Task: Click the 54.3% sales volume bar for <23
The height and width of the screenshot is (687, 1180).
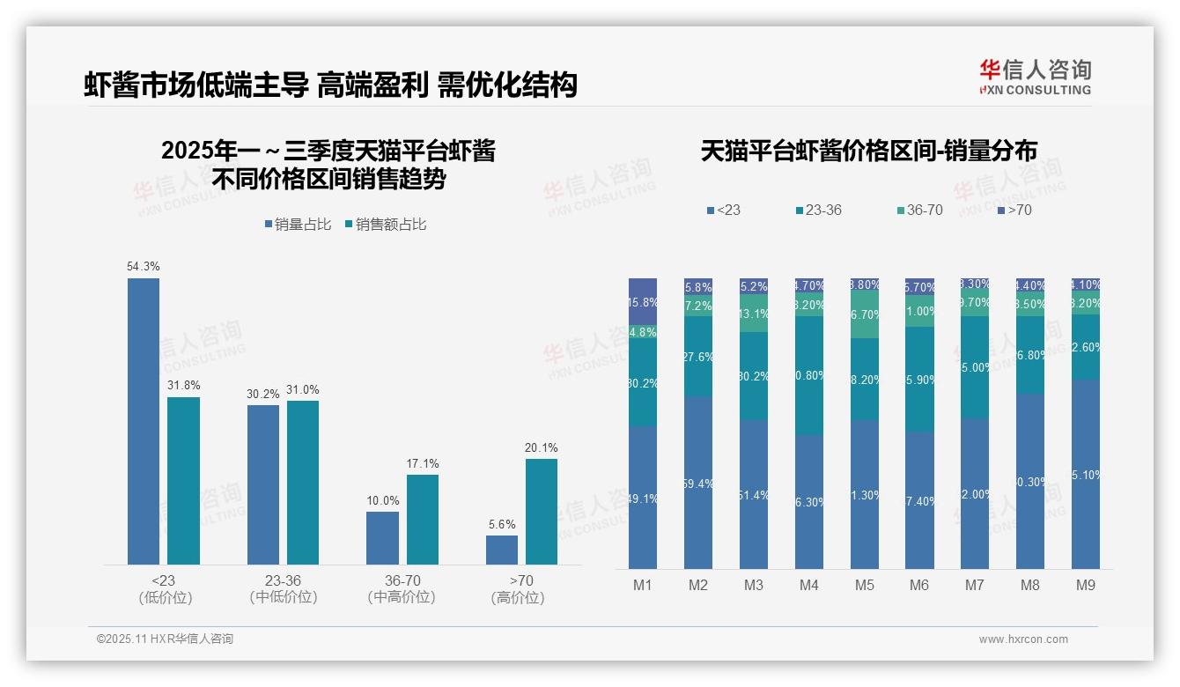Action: (x=144, y=421)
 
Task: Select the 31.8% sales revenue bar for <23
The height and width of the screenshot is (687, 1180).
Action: (x=183, y=480)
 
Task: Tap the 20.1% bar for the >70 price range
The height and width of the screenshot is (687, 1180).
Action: (x=541, y=511)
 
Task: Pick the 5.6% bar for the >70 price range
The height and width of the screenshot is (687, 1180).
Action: (x=501, y=550)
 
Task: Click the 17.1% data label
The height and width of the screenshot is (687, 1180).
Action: (x=423, y=463)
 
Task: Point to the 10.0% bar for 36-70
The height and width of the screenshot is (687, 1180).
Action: (x=382, y=537)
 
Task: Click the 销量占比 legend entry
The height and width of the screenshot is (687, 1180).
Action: (x=298, y=225)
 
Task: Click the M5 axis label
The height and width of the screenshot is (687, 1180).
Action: (x=864, y=585)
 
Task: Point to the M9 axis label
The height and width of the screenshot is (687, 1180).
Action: (x=1085, y=585)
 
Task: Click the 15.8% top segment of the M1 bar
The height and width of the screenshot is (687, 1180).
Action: (x=643, y=301)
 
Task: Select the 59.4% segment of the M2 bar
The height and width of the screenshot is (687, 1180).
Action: (x=698, y=483)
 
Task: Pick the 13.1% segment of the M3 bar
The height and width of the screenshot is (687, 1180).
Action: (x=753, y=313)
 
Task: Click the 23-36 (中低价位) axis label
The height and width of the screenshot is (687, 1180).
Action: (x=283, y=588)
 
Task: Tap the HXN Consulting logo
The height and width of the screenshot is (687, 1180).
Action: (x=1035, y=78)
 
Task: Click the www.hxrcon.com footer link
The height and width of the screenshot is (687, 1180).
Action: (x=1023, y=639)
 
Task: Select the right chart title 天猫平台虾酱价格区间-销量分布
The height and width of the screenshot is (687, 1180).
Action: (x=868, y=151)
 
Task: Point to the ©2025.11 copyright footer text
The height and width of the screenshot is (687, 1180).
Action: (x=165, y=639)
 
